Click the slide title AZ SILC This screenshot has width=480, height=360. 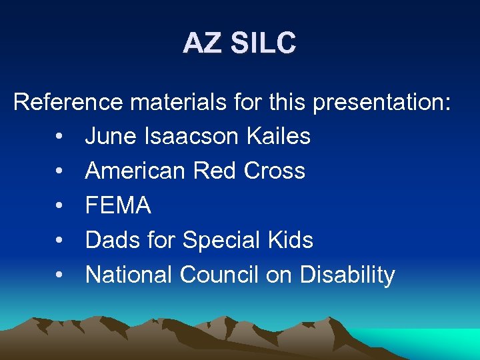[239, 44]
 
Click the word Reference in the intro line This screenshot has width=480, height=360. [68, 102]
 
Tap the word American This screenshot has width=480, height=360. [135, 171]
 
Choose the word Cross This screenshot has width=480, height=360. [275, 171]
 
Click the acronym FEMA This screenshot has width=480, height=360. [118, 206]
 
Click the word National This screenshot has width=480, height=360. [129, 275]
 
